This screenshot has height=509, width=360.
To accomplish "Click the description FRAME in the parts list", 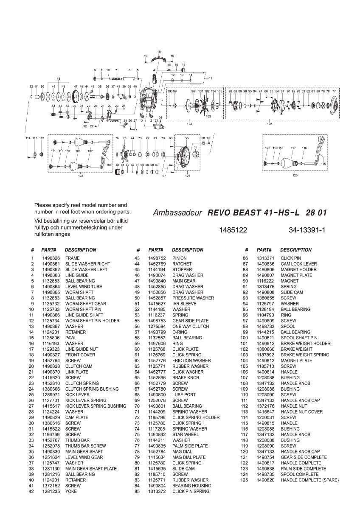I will (x=72, y=258).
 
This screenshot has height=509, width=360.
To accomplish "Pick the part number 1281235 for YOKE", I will (x=51, y=492).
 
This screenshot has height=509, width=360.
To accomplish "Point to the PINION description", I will (x=179, y=258).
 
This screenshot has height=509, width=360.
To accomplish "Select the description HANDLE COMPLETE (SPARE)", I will (x=309, y=480).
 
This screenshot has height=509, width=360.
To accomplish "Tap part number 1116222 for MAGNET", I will (x=265, y=281).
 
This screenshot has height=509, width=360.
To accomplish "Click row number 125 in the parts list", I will (x=244, y=480).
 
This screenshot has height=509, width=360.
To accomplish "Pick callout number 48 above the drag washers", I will (x=59, y=79).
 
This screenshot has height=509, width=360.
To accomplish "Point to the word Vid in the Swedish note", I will (x=38, y=221).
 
